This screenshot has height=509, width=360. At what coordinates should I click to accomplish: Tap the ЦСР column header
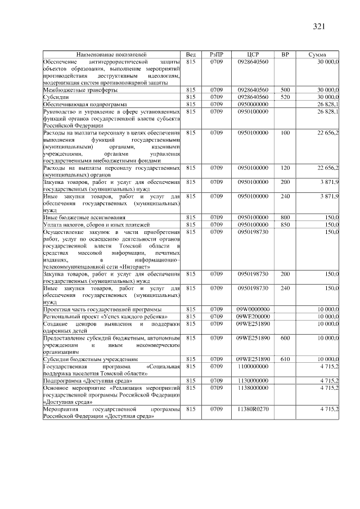pyautogui.click(x=253, y=54)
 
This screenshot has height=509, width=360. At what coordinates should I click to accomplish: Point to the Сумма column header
pyautogui.click(x=318, y=54)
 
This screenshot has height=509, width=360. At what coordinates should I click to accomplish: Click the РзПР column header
pyautogui.click(x=217, y=54)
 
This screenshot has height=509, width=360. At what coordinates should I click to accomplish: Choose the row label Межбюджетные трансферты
pyautogui.click(x=80, y=89)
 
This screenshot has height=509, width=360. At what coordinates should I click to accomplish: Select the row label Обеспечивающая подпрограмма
pyautogui.click(x=85, y=104)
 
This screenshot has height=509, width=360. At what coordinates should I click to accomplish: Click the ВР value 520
pyautogui.click(x=285, y=97)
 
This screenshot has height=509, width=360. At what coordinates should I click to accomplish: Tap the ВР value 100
pyautogui.click(x=285, y=133)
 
